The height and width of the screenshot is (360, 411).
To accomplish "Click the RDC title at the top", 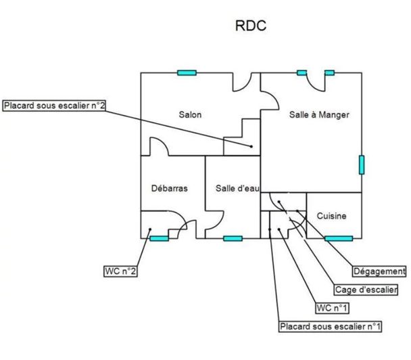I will [x=251, y=26].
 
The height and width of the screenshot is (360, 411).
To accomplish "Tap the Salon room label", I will [x=190, y=114].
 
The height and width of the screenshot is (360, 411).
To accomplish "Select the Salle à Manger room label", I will [x=319, y=115].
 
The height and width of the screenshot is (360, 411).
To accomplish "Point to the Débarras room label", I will [x=169, y=188].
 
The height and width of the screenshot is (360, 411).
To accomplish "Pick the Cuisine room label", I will [x=332, y=216].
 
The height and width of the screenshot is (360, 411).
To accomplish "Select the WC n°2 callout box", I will [x=121, y=271].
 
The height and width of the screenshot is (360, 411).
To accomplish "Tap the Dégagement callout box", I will [x=379, y=271].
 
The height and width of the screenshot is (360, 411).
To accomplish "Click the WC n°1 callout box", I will [x=332, y=308].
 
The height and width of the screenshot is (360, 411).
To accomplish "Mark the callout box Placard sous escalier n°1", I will [x=331, y=327].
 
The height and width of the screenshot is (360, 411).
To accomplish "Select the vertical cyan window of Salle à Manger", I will [x=361, y=165].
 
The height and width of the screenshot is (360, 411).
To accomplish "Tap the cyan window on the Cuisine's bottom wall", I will [x=338, y=238].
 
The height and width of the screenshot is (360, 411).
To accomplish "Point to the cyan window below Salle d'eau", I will [x=233, y=238].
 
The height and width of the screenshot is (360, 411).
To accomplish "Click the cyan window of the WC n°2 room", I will [x=159, y=238].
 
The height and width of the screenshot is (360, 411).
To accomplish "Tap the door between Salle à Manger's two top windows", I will [x=316, y=81].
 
